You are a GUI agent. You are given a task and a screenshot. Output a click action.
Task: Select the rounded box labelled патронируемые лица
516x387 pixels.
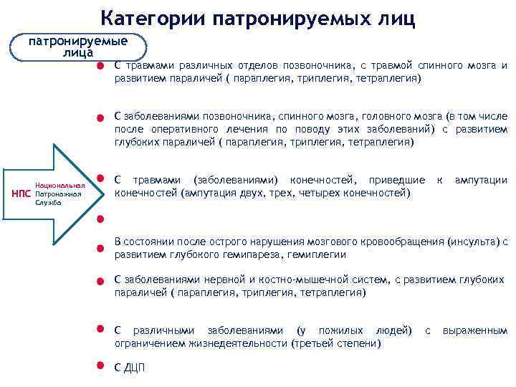[78, 47]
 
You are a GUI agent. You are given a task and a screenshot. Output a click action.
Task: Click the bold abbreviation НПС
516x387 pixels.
[22, 194]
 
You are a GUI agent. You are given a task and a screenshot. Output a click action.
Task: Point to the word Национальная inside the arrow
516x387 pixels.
[59, 186]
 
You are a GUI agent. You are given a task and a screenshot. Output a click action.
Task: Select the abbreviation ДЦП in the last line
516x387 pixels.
[134, 368]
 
